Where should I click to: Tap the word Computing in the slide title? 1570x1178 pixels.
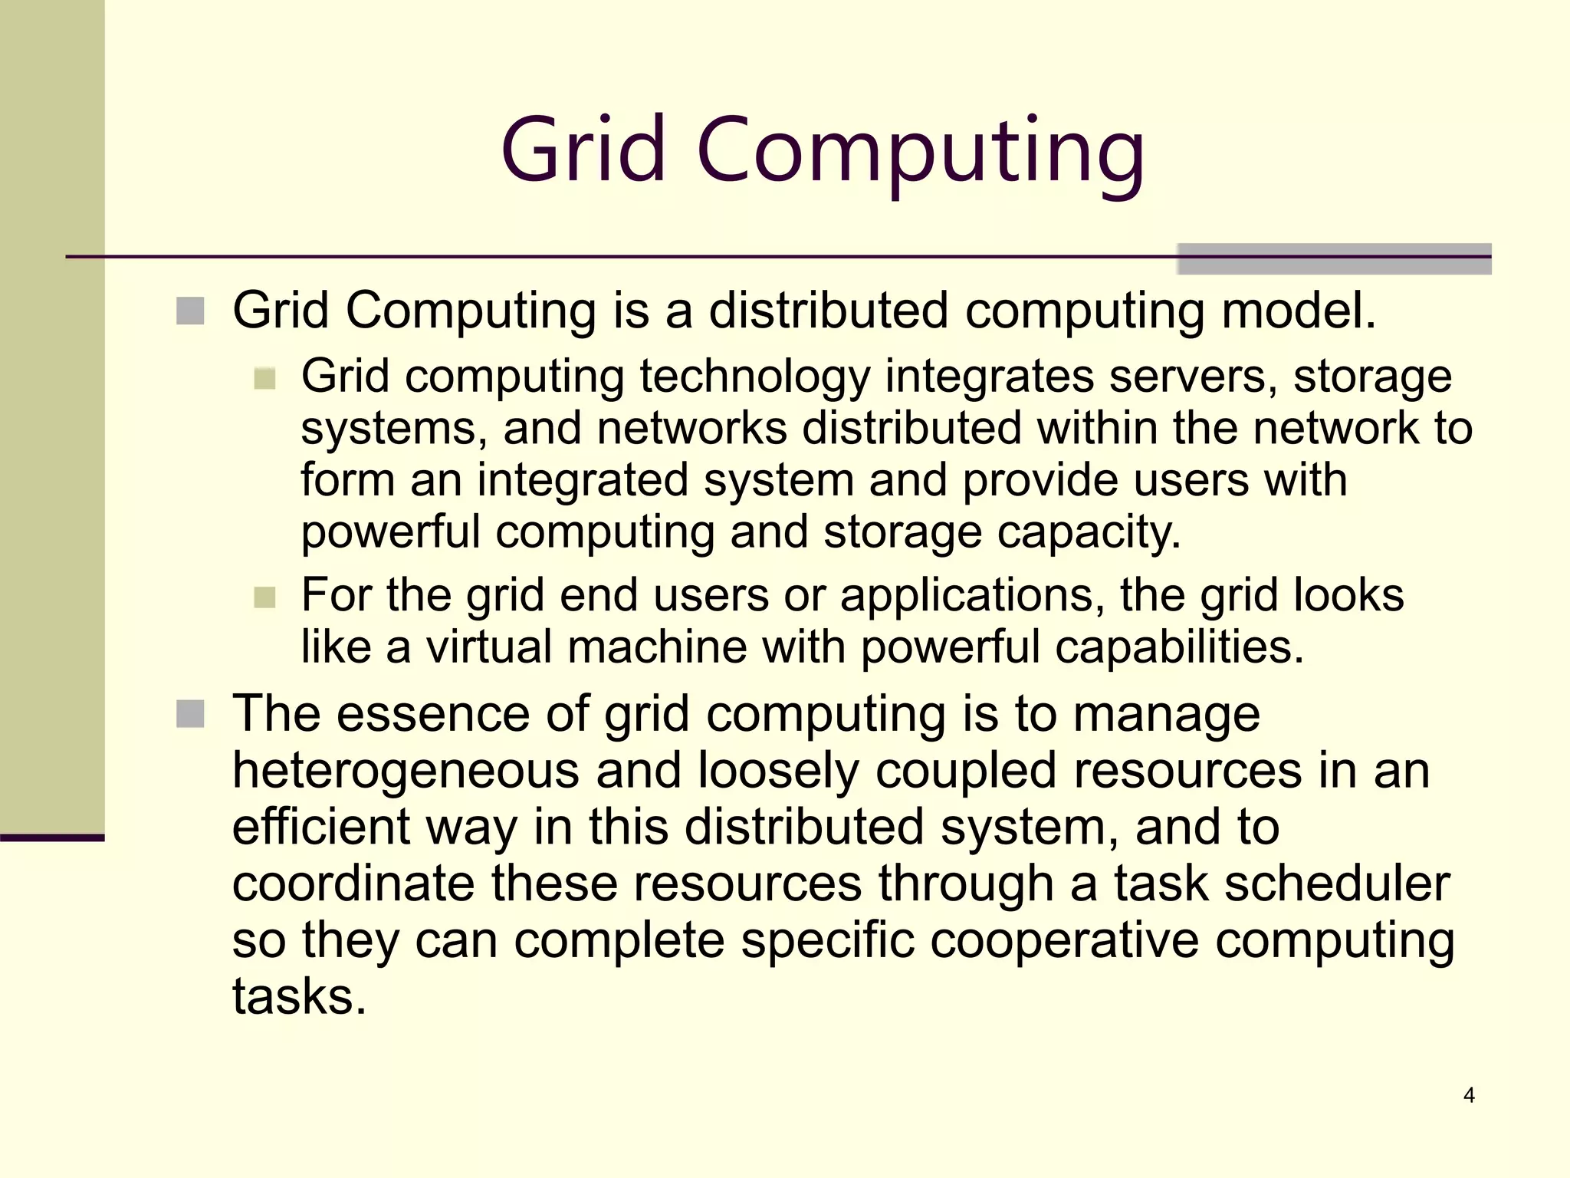[x=920, y=153]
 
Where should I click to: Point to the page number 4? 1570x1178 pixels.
[x=1469, y=1095]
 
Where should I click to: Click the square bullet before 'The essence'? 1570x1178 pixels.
[x=190, y=714]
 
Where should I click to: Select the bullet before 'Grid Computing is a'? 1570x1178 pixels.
[x=190, y=311]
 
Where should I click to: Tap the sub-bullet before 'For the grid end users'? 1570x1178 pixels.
[x=264, y=597]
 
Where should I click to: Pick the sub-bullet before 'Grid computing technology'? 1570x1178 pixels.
[x=264, y=378]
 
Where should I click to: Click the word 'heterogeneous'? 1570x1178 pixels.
[x=406, y=771]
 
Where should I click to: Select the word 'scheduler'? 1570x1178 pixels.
[x=1337, y=883]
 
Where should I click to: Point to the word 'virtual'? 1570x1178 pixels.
[x=488, y=647]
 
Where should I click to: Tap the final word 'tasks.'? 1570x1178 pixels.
[x=299, y=996]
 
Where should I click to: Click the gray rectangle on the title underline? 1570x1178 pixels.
[x=1334, y=258]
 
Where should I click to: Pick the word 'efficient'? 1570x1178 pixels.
[x=321, y=827]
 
